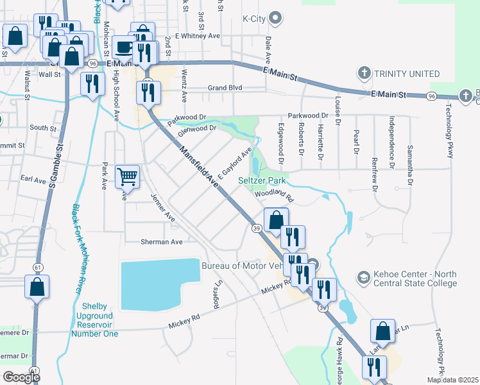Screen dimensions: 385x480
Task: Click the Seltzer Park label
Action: (x=261, y=181)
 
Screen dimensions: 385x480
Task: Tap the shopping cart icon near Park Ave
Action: (x=128, y=176)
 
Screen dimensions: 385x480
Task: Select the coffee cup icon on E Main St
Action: (x=124, y=47)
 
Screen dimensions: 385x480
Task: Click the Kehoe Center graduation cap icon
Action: (x=364, y=277)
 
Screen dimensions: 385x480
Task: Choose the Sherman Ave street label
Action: (x=162, y=242)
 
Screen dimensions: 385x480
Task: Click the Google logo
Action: (x=21, y=377)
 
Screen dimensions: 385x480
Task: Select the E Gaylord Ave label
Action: (x=234, y=164)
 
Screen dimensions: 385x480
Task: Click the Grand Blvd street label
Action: (x=224, y=88)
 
